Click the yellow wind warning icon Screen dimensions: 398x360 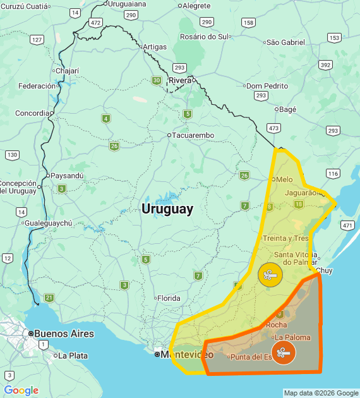[x=270, y=275]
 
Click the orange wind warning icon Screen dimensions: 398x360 [x=283, y=353]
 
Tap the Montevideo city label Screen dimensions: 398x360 [x=186, y=354]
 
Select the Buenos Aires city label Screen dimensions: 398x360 [x=63, y=334]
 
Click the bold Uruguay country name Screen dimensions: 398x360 [x=167, y=208]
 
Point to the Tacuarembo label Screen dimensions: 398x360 [x=193, y=135]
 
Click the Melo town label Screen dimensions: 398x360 [x=284, y=179]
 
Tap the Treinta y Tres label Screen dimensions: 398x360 [x=285, y=238]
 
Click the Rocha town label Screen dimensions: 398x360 [x=277, y=325]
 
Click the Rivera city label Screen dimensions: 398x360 [x=179, y=80]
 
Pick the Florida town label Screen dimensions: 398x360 [x=169, y=298]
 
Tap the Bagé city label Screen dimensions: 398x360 [x=287, y=109]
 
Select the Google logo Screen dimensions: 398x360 [x=21, y=390]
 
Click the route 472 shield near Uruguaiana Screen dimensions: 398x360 [x=95, y=22]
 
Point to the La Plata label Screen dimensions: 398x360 [x=73, y=356]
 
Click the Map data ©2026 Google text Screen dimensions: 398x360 [x=321, y=393]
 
